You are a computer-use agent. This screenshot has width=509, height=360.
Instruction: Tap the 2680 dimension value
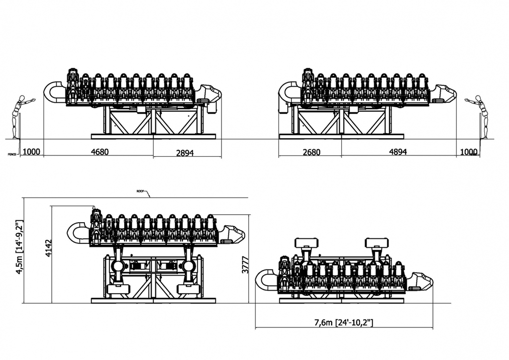pyautogui.click(x=309, y=152)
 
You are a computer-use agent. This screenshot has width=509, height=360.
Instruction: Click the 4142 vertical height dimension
pyautogui.click(x=48, y=248)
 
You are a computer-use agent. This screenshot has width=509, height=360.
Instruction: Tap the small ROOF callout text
pyautogui.click(x=140, y=191)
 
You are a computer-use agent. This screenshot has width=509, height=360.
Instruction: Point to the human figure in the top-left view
pyautogui.click(x=21, y=116)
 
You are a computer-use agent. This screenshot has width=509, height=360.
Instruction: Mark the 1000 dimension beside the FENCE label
pyautogui.click(x=31, y=152)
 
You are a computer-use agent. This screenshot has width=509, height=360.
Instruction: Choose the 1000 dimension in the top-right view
pyautogui.click(x=469, y=152)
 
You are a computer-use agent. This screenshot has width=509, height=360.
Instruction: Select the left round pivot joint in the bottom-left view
pyautogui.click(x=119, y=266)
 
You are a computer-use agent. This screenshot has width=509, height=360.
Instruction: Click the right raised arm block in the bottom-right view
pyautogui.click(x=375, y=243)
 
